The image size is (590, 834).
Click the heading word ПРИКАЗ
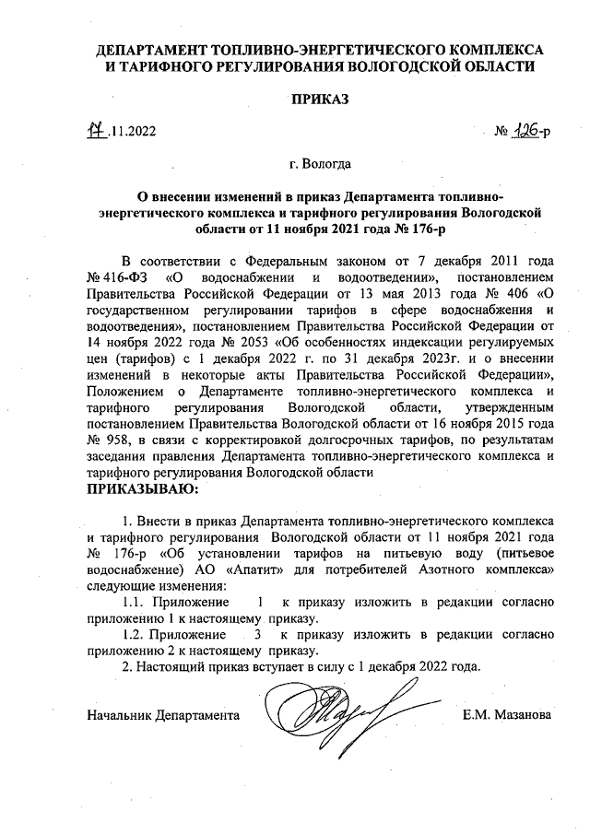pyautogui.click(x=320, y=99)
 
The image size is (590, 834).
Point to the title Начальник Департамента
pyautogui.click(x=163, y=715)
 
